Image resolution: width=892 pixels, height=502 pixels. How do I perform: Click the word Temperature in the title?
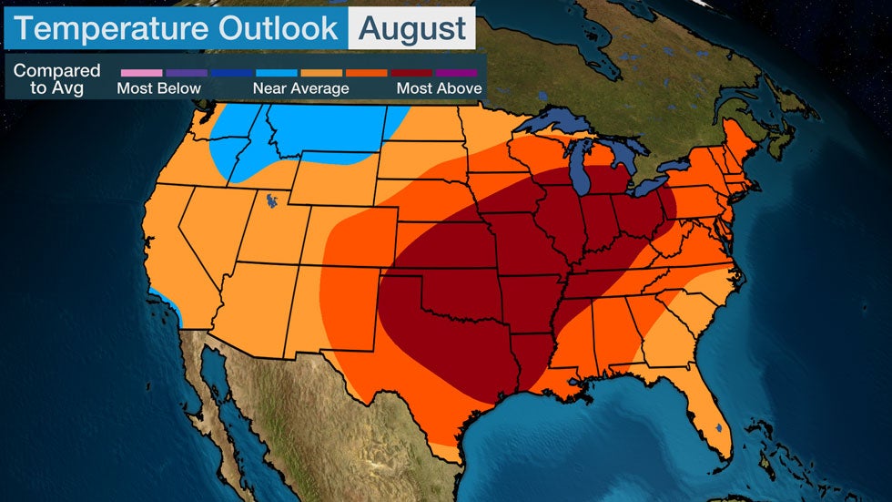[106, 28]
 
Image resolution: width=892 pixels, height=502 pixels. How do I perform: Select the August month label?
[412, 28]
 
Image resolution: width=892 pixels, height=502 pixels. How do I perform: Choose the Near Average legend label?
[300, 89]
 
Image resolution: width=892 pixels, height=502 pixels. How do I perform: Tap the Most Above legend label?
[438, 89]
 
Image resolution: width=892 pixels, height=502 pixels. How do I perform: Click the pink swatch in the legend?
[140, 72]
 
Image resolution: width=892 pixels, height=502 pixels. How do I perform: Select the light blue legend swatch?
[277, 72]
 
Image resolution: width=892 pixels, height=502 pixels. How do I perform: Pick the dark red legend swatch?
[412, 72]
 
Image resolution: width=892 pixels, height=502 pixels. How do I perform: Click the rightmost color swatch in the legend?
[457, 72]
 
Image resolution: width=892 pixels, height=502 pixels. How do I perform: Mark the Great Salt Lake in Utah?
[271, 199]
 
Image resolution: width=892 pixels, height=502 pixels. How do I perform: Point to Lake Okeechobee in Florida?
[718, 425]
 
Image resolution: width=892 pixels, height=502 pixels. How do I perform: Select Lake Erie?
[654, 185]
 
